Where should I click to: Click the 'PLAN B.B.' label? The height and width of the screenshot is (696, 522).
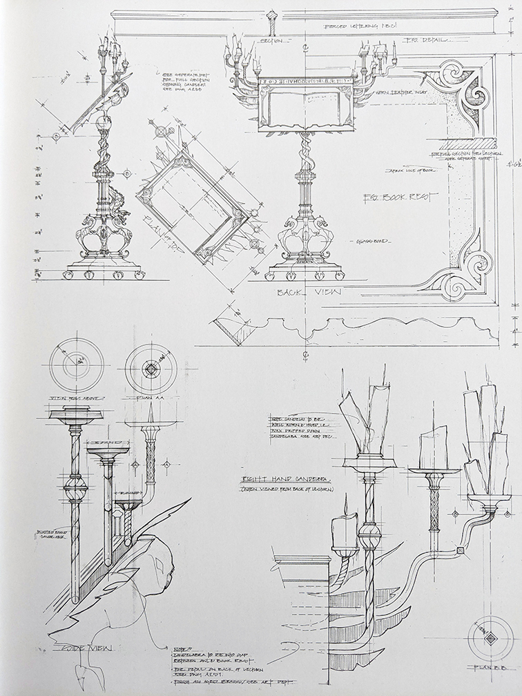490,668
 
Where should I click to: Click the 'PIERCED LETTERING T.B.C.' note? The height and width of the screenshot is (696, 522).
358,27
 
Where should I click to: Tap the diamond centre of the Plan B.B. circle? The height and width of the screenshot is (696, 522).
490,638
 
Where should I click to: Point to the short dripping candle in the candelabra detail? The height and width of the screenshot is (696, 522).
343,532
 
